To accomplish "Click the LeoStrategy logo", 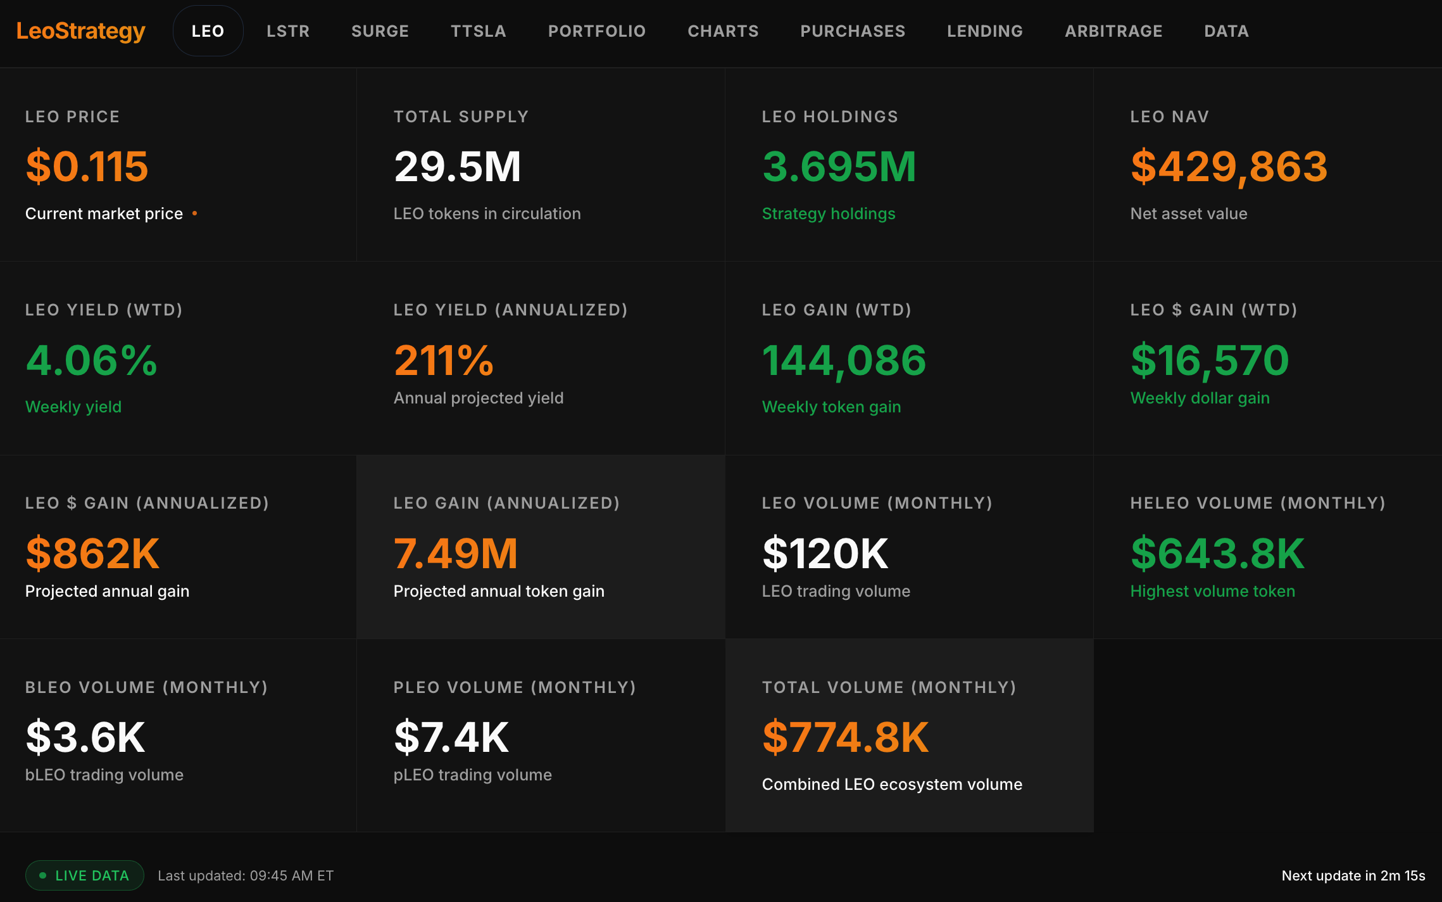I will point(80,31).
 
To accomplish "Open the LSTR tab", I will point(288,31).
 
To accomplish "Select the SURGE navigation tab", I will point(380,31).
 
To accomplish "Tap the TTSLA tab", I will point(479,31).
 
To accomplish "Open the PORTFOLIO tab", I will point(597,31).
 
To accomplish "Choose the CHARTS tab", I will point(723,31).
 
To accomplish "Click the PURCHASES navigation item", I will point(853,31).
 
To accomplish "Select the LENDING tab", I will point(985,31).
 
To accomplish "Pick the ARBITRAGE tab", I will point(1113,31).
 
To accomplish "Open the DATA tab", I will point(1226,31).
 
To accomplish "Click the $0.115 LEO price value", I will point(87,167).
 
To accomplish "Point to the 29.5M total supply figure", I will point(457,167).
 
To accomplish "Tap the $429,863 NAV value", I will point(1229,167).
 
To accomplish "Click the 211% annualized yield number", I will point(443,360).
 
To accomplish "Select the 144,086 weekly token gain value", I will point(844,360).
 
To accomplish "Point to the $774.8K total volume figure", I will point(845,737).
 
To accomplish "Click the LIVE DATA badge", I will point(85,875).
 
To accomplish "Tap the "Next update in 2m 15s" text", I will point(1353,875).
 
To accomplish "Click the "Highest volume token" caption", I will point(1212,591).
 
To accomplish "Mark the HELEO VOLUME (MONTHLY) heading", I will point(1258,503).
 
